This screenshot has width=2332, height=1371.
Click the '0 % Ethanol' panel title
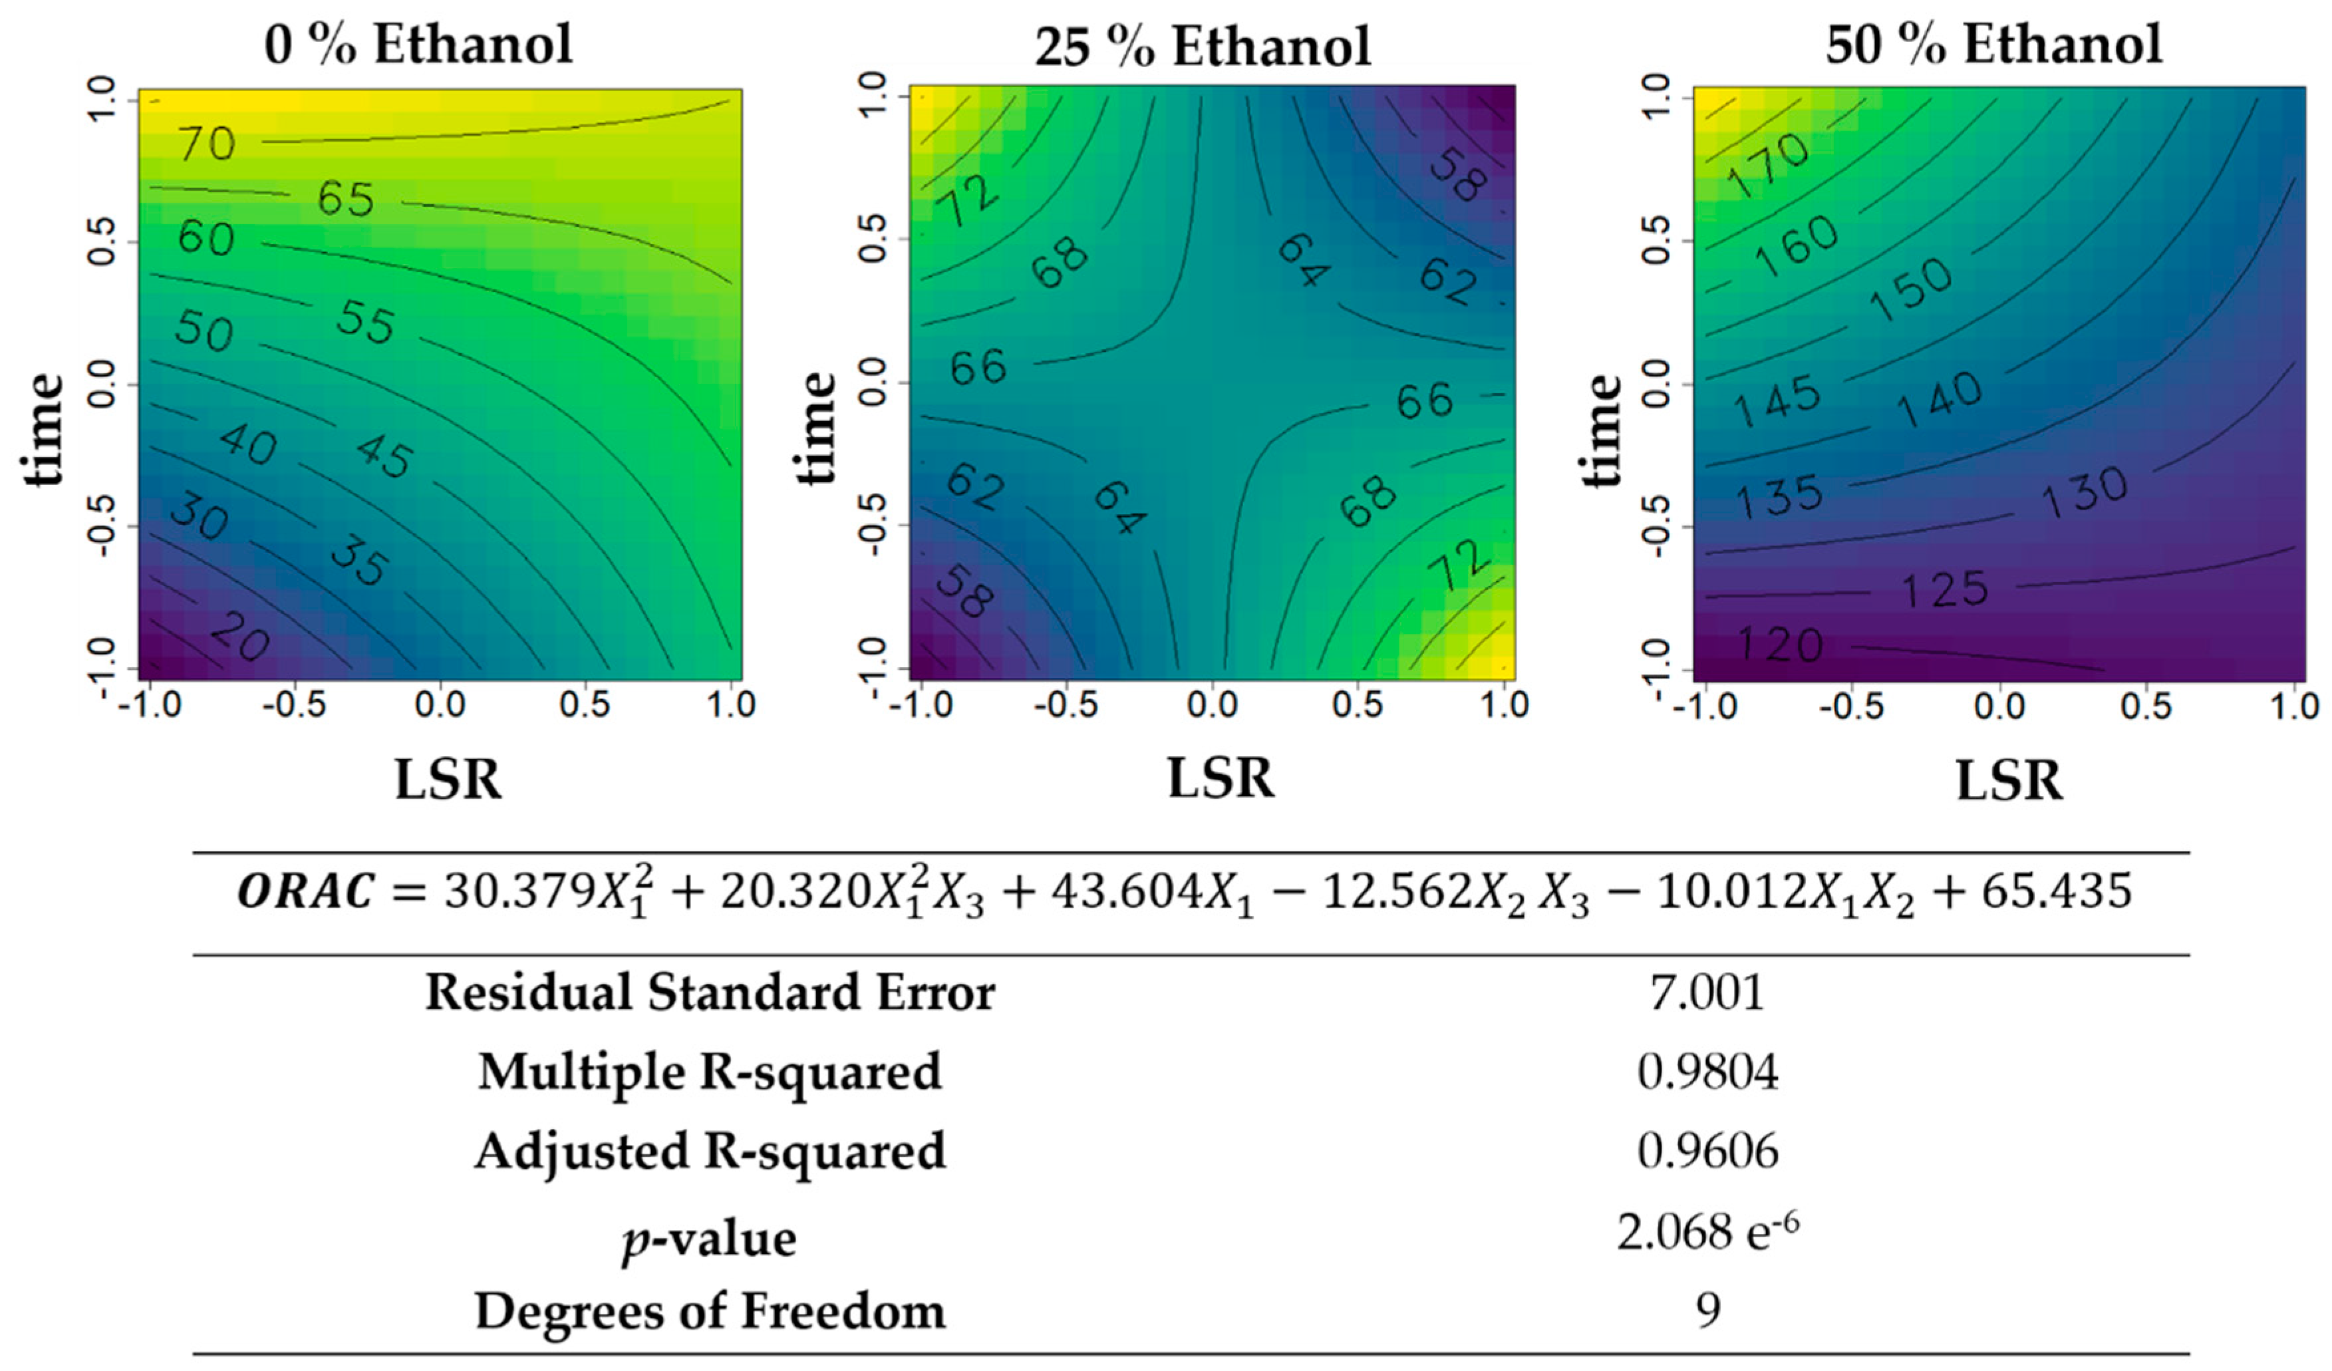pos(418,45)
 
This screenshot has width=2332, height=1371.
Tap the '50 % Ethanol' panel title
pos(1993,45)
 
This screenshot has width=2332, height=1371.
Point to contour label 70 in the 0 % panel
pos(208,144)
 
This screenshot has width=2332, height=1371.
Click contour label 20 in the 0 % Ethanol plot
pos(239,638)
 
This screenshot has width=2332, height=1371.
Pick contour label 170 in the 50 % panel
pos(1769,166)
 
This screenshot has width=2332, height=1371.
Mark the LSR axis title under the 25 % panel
pos(1220,778)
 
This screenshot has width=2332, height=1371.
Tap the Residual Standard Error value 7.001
pos(1707,993)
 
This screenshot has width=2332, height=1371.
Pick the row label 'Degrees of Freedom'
pos(710,1312)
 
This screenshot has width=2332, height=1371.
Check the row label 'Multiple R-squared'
pos(710,1073)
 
